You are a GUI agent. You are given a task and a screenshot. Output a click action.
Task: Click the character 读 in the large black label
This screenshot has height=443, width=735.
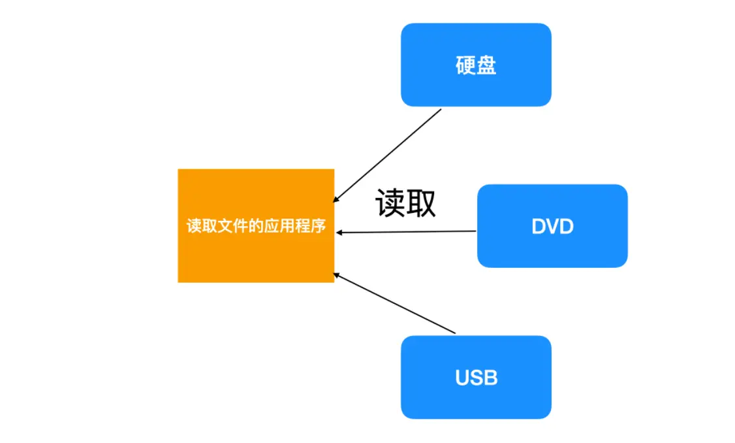(390, 203)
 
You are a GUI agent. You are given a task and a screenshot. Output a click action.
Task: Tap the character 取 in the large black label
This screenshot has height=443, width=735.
(421, 203)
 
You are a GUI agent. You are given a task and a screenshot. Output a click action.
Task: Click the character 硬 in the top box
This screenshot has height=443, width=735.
(465, 65)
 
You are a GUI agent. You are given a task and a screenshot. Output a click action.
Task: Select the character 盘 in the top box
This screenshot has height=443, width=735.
(486, 65)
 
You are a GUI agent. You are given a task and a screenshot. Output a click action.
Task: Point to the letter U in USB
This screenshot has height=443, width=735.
(462, 378)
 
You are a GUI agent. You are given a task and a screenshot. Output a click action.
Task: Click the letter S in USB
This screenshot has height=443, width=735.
(476, 378)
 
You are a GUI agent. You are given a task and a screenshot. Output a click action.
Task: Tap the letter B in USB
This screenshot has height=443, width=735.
(490, 378)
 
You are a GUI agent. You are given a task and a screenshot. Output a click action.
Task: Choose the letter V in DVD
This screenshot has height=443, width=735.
(552, 227)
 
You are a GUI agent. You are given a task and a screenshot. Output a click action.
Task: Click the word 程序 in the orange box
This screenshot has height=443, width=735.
(311, 227)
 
